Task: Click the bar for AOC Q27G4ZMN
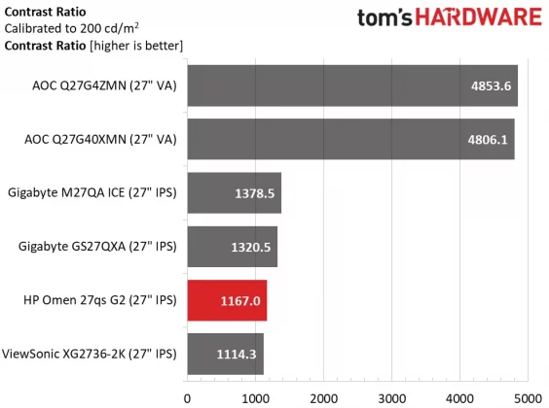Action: click(351, 85)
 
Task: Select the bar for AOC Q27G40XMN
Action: click(349, 139)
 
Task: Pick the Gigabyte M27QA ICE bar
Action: click(234, 193)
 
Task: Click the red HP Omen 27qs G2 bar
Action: click(227, 300)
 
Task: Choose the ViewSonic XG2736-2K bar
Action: click(225, 354)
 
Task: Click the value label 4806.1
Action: click(488, 139)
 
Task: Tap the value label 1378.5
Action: click(255, 193)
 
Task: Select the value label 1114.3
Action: click(237, 354)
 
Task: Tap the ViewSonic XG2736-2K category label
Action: click(93, 354)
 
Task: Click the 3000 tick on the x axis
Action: click(391, 397)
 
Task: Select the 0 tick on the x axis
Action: click(187, 397)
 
